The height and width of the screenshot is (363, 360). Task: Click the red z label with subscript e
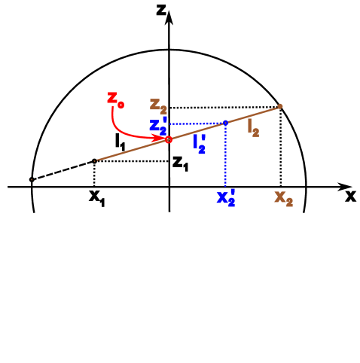[114, 99]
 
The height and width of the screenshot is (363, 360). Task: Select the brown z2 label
[157, 106]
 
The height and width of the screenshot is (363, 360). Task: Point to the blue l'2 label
[200, 143]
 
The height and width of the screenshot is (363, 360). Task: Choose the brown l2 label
[253, 128]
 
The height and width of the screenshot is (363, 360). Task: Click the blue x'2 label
[225, 198]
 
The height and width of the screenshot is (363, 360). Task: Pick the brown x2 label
[283, 198]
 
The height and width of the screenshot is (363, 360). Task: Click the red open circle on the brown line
[169, 139]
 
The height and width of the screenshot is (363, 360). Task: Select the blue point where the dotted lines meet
[225, 122]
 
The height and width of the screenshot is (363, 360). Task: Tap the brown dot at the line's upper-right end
[280, 105]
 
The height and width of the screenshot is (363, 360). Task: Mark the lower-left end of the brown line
[96, 160]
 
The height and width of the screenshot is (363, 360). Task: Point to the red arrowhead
[160, 137]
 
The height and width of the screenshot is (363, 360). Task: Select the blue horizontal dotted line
[196, 123]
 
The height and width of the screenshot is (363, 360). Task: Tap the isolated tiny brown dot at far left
[32, 179]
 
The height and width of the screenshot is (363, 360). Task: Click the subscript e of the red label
[121, 104]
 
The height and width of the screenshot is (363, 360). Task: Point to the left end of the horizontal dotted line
[170, 124]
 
